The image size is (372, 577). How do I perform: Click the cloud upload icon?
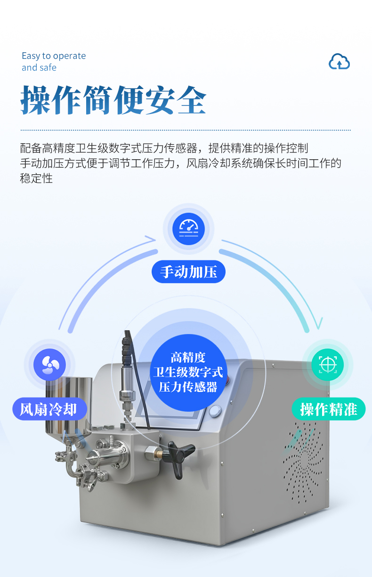(x=339, y=61)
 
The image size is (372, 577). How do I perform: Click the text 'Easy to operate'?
(x=54, y=56)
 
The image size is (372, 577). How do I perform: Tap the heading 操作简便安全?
(x=113, y=100)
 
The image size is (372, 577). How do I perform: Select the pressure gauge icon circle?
(x=189, y=229)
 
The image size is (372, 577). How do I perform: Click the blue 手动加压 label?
(x=188, y=272)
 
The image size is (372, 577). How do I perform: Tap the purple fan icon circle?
(x=50, y=365)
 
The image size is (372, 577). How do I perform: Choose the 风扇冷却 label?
(x=50, y=409)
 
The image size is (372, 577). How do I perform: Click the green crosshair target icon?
(x=327, y=365)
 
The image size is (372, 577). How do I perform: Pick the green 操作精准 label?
(x=329, y=409)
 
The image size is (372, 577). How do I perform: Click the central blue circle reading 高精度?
(x=188, y=373)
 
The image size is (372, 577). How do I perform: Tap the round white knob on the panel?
(x=215, y=411)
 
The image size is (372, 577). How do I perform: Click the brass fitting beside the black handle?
(x=158, y=455)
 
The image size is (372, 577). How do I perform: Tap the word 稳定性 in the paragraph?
(x=36, y=178)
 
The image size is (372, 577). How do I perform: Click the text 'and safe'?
(x=39, y=67)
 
